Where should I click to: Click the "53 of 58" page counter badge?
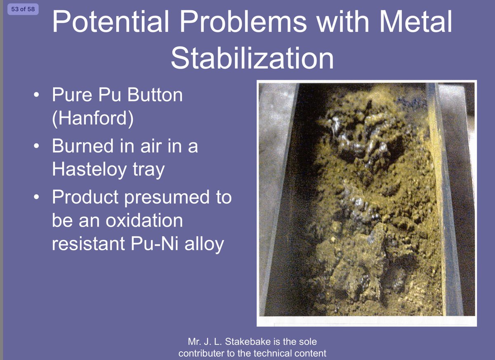point(23,9)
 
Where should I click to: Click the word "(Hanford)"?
point(93,118)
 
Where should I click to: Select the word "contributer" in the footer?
point(202,353)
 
